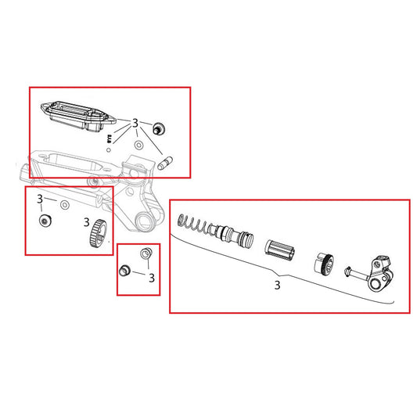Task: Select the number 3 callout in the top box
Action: point(135,124)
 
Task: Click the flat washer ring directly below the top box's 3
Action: point(138,146)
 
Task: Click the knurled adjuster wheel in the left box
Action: point(95,233)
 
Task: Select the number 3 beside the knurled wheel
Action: point(86,222)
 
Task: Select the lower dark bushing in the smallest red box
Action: point(123,271)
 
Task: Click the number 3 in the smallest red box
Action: point(151,278)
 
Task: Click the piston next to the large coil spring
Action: point(236,235)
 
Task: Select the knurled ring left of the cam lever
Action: point(325,264)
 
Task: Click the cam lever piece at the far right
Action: point(380,273)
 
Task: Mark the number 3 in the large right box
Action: point(277,286)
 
